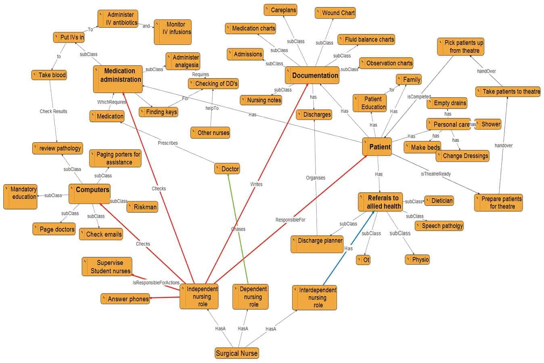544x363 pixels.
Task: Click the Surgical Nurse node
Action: pyautogui.click(x=236, y=353)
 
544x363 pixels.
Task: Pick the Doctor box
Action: pyautogui.click(x=227, y=169)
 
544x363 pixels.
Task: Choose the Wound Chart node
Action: pyautogui.click(x=335, y=13)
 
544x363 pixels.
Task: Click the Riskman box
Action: pyautogui.click(x=142, y=207)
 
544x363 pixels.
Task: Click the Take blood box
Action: pyautogui.click(x=49, y=75)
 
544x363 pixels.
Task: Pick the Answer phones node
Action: pyautogui.click(x=125, y=299)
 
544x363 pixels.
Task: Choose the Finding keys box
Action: pyautogui.click(x=159, y=112)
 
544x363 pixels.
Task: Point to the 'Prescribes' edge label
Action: pyautogui.click(x=168, y=143)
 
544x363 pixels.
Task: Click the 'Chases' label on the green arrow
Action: pyautogui.click(x=238, y=229)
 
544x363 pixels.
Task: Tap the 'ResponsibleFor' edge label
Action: pyautogui.click(x=291, y=220)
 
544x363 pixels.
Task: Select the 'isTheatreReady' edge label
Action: pyautogui.click(x=436, y=174)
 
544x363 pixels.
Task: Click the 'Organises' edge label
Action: pyautogui.click(x=316, y=178)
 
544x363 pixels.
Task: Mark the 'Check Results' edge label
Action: pyautogui.click(x=53, y=111)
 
